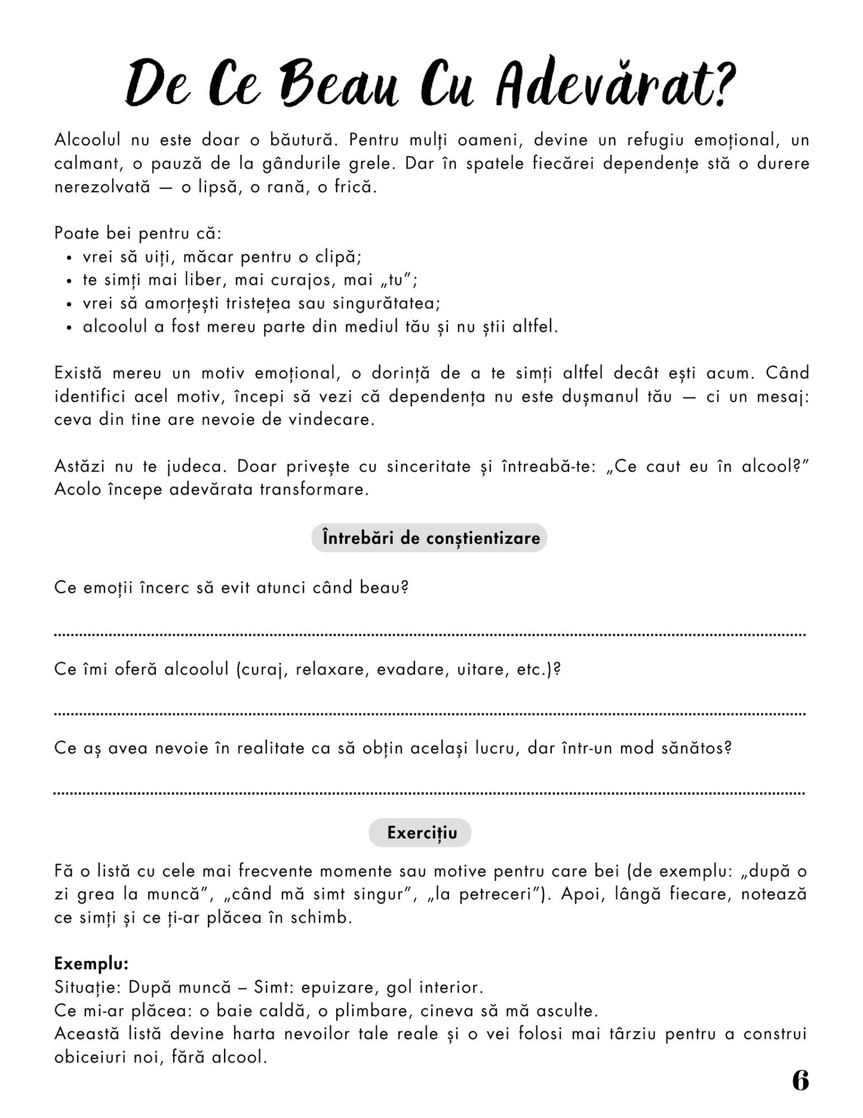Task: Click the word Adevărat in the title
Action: pyautogui.click(x=615, y=87)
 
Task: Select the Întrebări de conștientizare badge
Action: pyautogui.click(x=429, y=538)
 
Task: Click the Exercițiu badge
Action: pyautogui.click(x=420, y=832)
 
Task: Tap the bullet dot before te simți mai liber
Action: pyautogui.click(x=70, y=281)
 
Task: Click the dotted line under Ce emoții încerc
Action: pyautogui.click(x=429, y=635)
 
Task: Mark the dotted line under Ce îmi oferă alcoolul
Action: pyautogui.click(x=429, y=714)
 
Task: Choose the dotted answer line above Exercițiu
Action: pyautogui.click(x=429, y=794)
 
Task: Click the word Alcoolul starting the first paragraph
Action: pyautogui.click(x=88, y=140)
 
